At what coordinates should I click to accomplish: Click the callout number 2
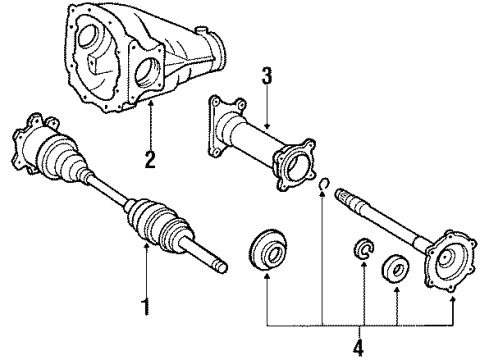click(x=150, y=158)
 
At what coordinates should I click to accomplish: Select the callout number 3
click(x=265, y=76)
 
